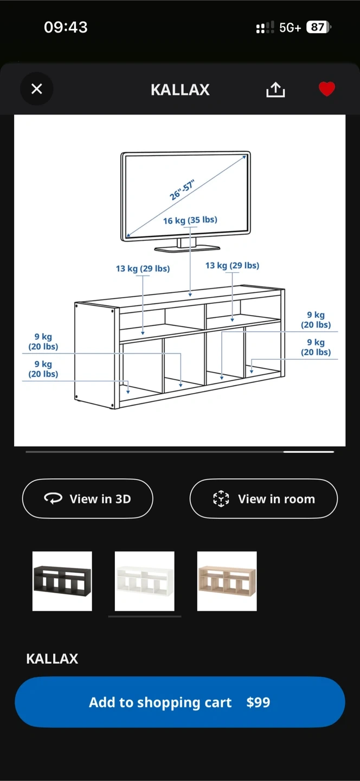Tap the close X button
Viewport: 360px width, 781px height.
click(36, 88)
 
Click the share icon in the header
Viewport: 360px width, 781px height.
click(275, 89)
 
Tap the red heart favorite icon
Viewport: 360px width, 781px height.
click(327, 89)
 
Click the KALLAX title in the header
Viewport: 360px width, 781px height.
click(180, 89)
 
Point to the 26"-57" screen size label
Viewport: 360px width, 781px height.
click(182, 190)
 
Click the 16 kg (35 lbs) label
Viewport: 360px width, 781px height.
click(190, 220)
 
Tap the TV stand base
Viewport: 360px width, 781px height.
click(187, 248)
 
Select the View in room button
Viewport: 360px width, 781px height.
click(263, 498)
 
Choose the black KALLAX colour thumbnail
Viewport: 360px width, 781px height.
click(62, 581)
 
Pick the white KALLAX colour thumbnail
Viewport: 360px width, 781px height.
click(145, 581)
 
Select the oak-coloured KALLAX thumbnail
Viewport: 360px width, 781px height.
click(227, 581)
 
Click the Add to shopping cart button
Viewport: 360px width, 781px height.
click(180, 702)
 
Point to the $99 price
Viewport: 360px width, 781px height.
click(258, 702)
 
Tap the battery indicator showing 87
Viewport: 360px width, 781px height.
click(318, 27)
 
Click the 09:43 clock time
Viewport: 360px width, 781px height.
click(66, 27)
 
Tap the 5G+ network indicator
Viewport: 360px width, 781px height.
click(290, 28)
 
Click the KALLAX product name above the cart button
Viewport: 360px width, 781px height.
click(52, 658)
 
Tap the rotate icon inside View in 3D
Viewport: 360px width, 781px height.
click(53, 498)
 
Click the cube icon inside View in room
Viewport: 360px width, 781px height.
click(221, 498)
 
